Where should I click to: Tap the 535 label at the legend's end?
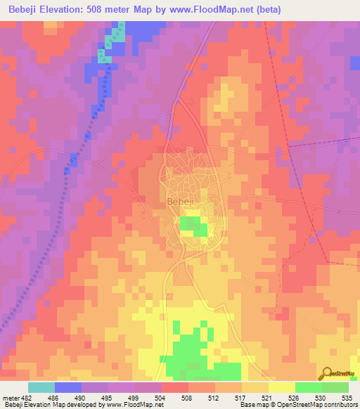pos(347,397)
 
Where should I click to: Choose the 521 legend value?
pos(268,397)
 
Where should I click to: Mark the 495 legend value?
pos(108,397)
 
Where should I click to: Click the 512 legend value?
pos(214,397)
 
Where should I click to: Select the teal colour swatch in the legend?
pos(41,387)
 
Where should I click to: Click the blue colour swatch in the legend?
pos(68,387)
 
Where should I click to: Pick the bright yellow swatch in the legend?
pos(281,387)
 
